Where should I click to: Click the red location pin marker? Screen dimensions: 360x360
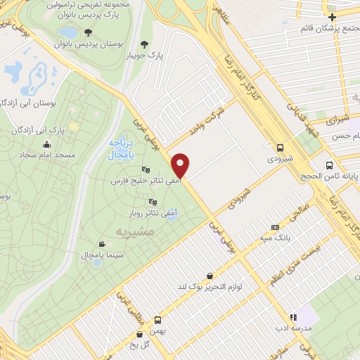(181, 165)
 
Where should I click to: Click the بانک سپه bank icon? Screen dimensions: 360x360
(275, 228)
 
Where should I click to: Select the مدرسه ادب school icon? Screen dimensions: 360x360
(294, 317)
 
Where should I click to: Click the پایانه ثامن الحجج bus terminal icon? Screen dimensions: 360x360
(330, 167)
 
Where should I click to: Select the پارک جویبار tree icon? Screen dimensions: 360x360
(146, 44)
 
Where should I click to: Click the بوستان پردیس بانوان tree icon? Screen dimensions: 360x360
(87, 32)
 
